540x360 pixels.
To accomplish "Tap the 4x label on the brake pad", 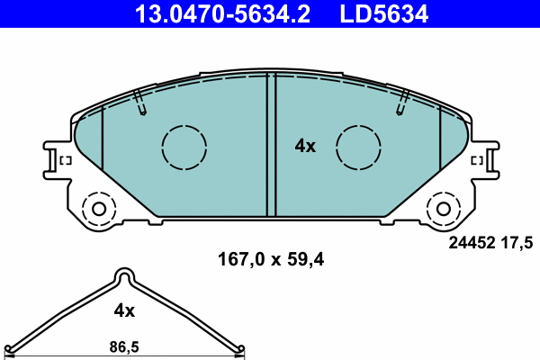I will click(306, 146).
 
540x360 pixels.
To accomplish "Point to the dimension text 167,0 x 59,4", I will click(271, 260).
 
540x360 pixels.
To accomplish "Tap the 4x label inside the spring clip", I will click(124, 310).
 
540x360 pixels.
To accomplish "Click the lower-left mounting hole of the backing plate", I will click(97, 210).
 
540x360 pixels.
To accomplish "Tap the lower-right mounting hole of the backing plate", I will click(443, 210).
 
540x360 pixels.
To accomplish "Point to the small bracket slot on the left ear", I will click(65, 161).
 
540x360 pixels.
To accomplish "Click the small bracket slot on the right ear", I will click(477, 161).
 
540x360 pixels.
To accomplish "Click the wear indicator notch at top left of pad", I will click(139, 103).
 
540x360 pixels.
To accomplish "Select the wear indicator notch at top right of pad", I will click(400, 103).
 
